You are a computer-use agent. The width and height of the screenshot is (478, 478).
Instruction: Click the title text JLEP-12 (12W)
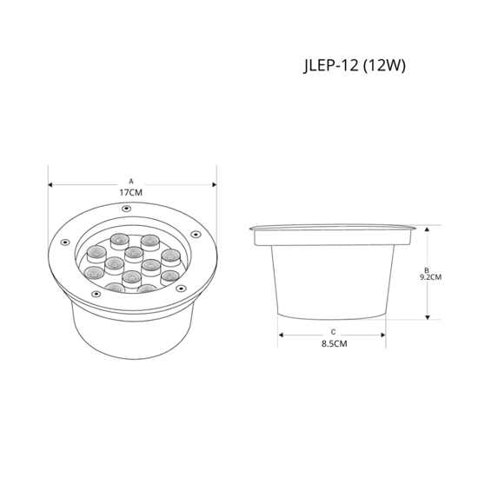pyautogui.click(x=355, y=65)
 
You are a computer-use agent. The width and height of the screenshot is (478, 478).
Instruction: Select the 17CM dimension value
pyautogui.click(x=130, y=193)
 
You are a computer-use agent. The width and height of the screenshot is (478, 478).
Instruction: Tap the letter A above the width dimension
pyautogui.click(x=131, y=182)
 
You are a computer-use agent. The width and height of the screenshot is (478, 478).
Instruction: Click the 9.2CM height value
pyautogui.click(x=430, y=277)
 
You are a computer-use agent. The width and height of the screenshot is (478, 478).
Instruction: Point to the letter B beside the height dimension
pyautogui.click(x=427, y=270)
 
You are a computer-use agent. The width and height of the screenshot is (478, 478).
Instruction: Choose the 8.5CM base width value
pyautogui.click(x=335, y=343)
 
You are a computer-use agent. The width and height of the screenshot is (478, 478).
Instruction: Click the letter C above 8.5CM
pyautogui.click(x=333, y=332)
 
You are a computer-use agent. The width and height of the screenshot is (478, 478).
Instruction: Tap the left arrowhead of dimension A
pyautogui.click(x=50, y=185)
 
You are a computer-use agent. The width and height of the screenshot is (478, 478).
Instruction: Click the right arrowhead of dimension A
pyautogui.click(x=215, y=185)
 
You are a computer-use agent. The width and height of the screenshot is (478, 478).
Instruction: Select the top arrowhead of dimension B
pyautogui.click(x=427, y=229)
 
